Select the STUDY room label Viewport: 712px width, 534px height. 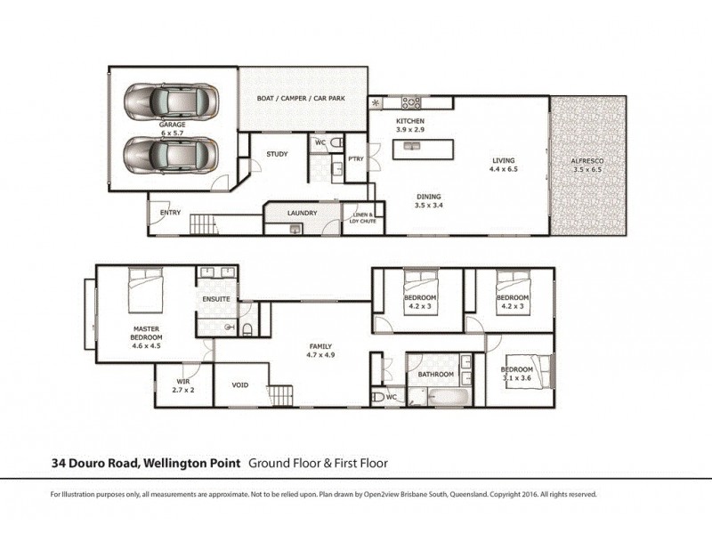277,154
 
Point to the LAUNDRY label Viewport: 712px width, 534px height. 303,214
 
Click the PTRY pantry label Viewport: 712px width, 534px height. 356,159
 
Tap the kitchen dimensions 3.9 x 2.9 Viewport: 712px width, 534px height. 410,130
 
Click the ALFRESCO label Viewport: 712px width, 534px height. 589,160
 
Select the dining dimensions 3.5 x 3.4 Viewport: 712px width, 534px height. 428,206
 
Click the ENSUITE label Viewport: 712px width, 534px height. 216,299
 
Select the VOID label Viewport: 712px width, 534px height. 239,385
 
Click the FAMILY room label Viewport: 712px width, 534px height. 320,345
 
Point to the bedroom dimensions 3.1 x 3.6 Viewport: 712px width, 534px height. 515,378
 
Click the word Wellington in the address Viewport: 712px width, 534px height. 172,463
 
